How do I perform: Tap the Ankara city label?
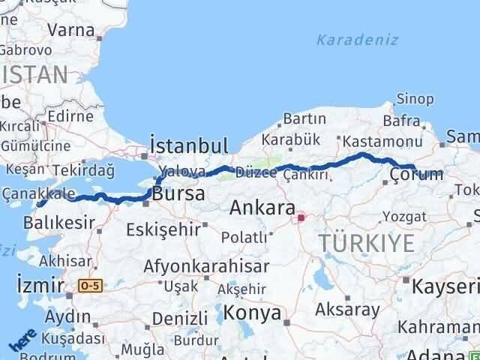click(x=261, y=207)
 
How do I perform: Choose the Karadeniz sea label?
click(x=356, y=40)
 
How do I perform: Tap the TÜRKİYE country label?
click(x=367, y=243)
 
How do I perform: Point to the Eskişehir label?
click(x=163, y=229)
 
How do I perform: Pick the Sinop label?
click(x=415, y=99)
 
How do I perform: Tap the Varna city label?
click(x=70, y=31)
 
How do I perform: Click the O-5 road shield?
click(x=90, y=285)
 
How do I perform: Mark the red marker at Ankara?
click(x=301, y=218)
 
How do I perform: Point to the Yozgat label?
click(x=405, y=217)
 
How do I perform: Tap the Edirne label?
click(x=68, y=116)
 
